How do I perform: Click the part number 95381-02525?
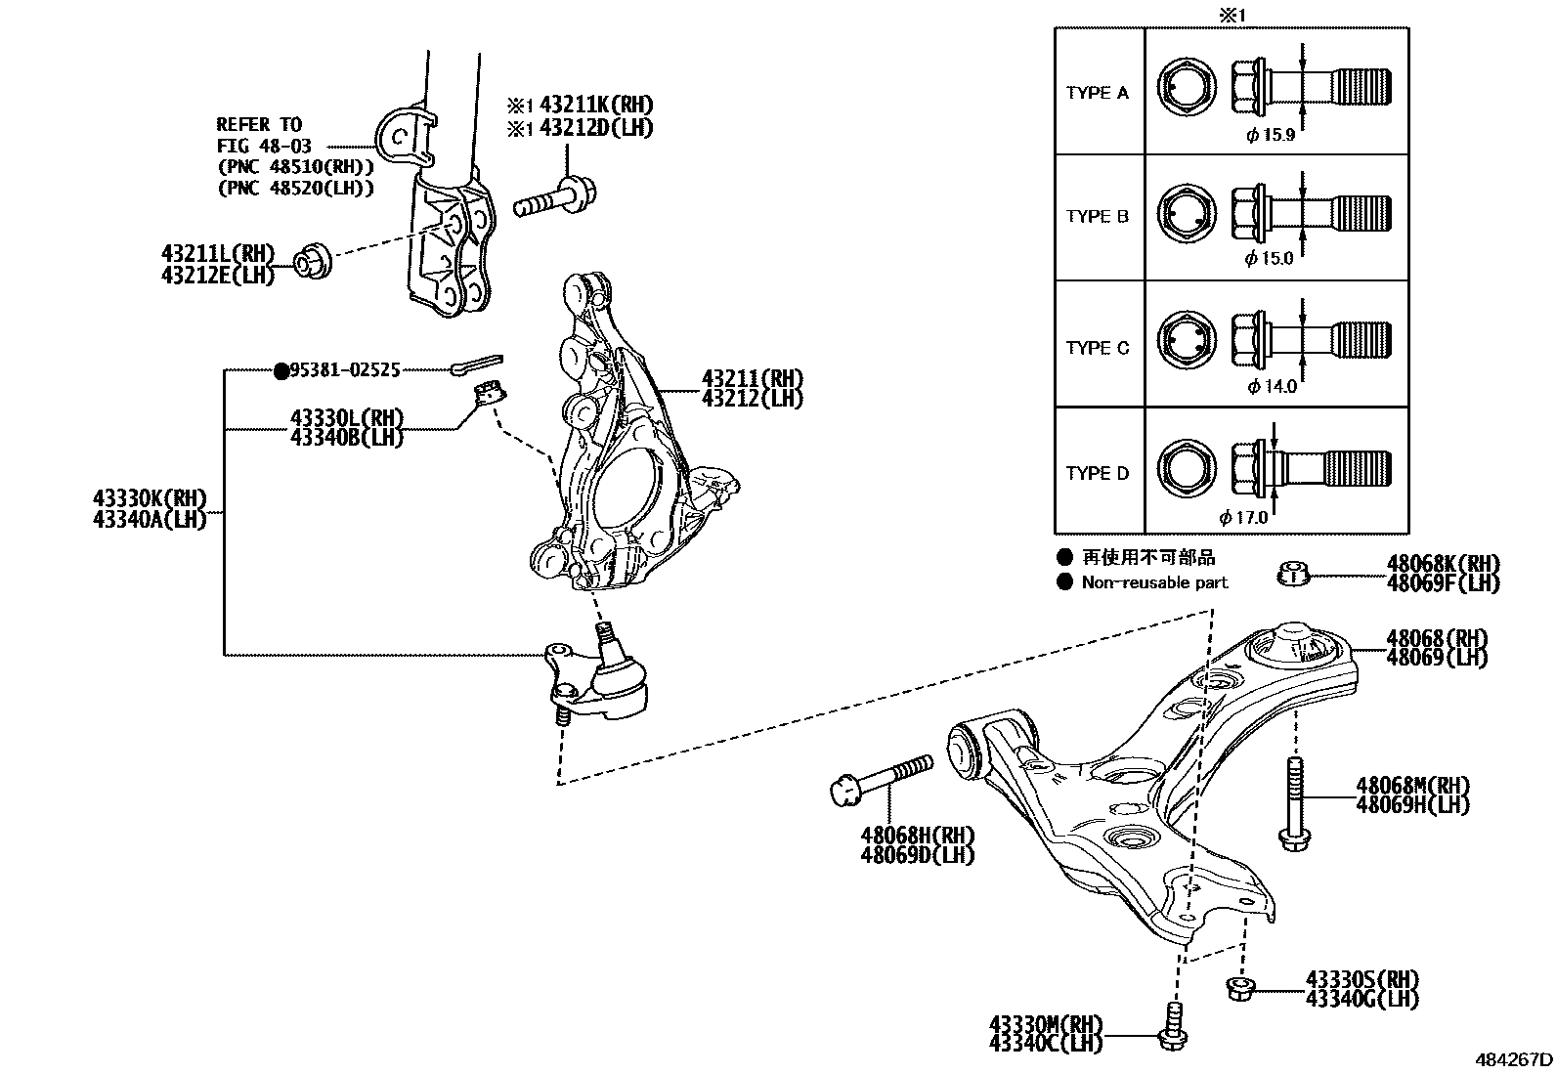point(346,370)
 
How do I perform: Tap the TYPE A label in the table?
point(1097,93)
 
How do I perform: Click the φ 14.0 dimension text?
point(1272,386)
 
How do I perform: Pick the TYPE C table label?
point(1097,348)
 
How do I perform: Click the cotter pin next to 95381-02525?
point(477,365)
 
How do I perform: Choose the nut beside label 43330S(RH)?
point(1238,989)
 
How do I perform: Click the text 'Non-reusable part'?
point(1154,582)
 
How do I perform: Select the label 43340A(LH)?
point(150,520)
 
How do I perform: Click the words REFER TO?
point(259,124)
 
